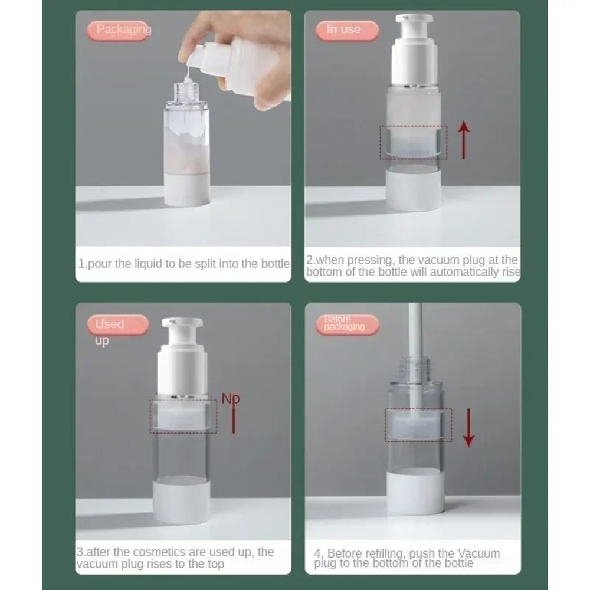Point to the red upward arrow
464,139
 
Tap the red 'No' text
231,399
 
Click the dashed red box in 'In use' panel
413,142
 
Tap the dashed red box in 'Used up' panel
183,417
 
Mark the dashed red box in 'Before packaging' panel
418,425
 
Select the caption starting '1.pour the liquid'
184,264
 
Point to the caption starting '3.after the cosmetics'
176,558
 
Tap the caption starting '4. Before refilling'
407,558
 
